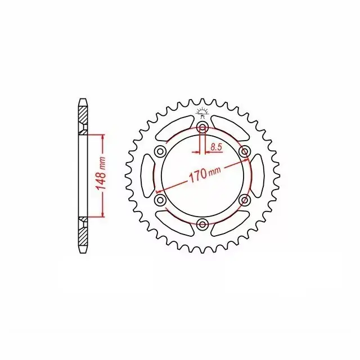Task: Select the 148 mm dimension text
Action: [x=101, y=174]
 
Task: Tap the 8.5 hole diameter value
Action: [x=216, y=147]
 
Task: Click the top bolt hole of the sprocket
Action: [x=202, y=127]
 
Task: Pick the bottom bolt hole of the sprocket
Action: [x=202, y=224]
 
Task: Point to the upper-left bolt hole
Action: [x=160, y=151]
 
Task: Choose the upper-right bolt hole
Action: [x=244, y=151]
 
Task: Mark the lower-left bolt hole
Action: [x=160, y=200]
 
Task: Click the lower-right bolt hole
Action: [x=244, y=200]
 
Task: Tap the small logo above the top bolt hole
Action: [x=202, y=112]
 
